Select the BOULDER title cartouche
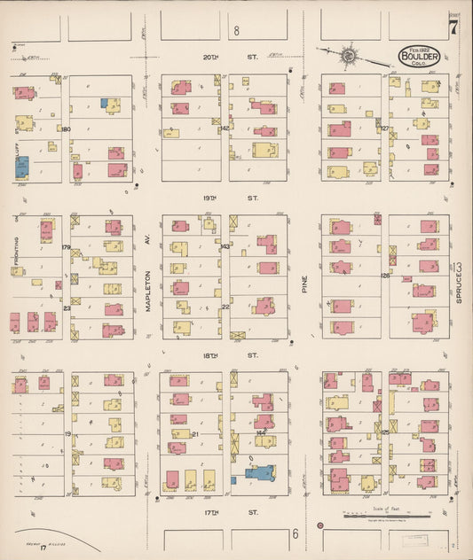[420, 55]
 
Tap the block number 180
[65, 129]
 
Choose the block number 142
[225, 128]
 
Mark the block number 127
[385, 128]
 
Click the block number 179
[65, 247]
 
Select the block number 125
[385, 432]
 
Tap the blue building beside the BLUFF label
[21, 166]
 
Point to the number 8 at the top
[237, 32]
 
